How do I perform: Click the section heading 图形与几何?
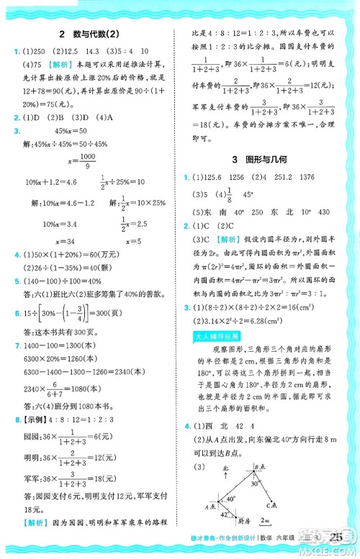click(271, 157)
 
